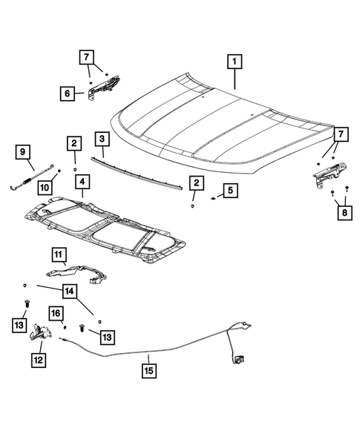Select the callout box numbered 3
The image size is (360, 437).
[101, 139]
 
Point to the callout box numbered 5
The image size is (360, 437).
[230, 191]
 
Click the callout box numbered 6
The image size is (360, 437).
[68, 93]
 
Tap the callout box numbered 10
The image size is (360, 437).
[45, 187]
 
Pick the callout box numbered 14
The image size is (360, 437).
[68, 290]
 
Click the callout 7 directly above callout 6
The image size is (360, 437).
[87, 56]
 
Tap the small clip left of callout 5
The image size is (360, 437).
[212, 199]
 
